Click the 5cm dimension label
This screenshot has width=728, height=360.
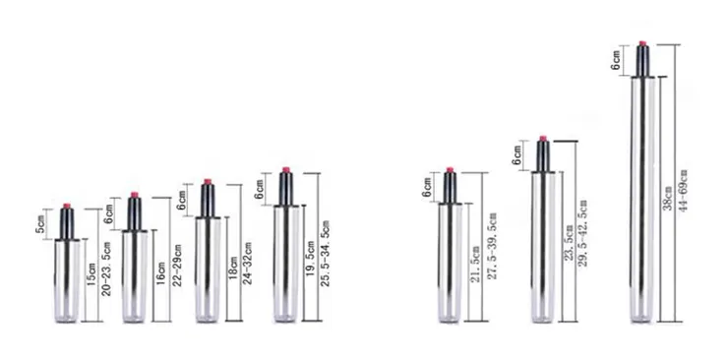coord(41,224)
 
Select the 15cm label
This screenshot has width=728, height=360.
coord(91,273)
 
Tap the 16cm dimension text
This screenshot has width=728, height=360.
coord(160,272)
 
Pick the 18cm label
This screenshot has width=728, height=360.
coord(233,268)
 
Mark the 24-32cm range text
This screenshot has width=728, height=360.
coord(248,263)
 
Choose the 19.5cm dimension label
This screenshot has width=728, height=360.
coord(311,259)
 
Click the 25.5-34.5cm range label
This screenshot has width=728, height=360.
coord(326,254)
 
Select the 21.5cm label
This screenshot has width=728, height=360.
coord(474,265)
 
